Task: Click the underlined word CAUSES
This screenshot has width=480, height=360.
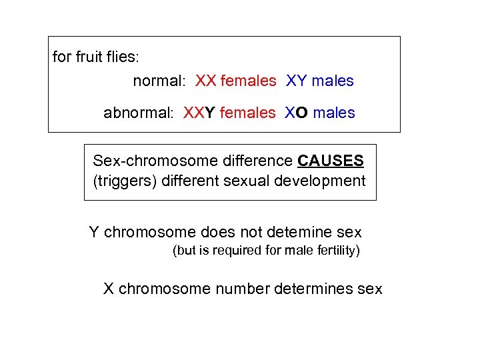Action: click(x=331, y=161)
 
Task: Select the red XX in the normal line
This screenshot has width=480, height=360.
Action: click(x=205, y=81)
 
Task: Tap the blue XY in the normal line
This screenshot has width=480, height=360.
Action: click(x=296, y=81)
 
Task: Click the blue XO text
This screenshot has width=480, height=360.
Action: click(x=296, y=113)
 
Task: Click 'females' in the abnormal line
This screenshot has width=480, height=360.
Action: click(x=247, y=113)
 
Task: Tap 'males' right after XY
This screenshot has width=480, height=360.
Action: click(x=333, y=81)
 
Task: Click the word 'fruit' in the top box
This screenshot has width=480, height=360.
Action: click(x=88, y=57)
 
